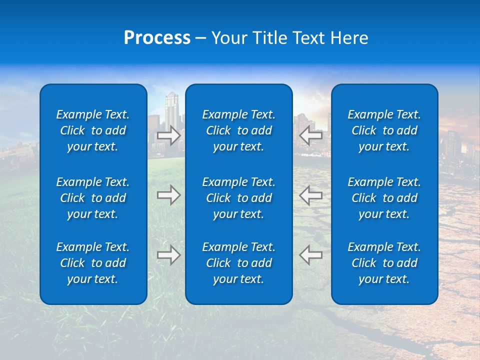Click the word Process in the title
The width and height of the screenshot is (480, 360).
[x=157, y=38]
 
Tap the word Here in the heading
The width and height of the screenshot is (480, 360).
[x=348, y=38]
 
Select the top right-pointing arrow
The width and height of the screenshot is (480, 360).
[x=168, y=135]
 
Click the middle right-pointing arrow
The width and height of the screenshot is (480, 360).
[x=168, y=195]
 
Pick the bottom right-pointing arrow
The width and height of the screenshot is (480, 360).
[x=168, y=255]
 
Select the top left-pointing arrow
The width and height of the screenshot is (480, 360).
[x=311, y=135]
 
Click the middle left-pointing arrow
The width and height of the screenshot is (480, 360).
[x=311, y=195]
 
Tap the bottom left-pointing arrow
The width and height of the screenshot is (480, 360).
[x=311, y=255]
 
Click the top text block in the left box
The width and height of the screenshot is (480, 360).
[x=93, y=130]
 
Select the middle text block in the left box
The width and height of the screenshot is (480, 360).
[x=93, y=198]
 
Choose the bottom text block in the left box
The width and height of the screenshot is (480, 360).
[x=93, y=263]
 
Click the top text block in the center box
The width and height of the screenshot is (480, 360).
[x=238, y=130]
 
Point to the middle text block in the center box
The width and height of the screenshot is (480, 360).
[x=238, y=198]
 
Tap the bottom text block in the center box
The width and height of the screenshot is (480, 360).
[x=238, y=263]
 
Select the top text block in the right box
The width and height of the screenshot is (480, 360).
[x=384, y=130]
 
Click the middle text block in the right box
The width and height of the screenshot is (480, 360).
[x=384, y=198]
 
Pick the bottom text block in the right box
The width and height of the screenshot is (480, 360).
[x=384, y=263]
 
